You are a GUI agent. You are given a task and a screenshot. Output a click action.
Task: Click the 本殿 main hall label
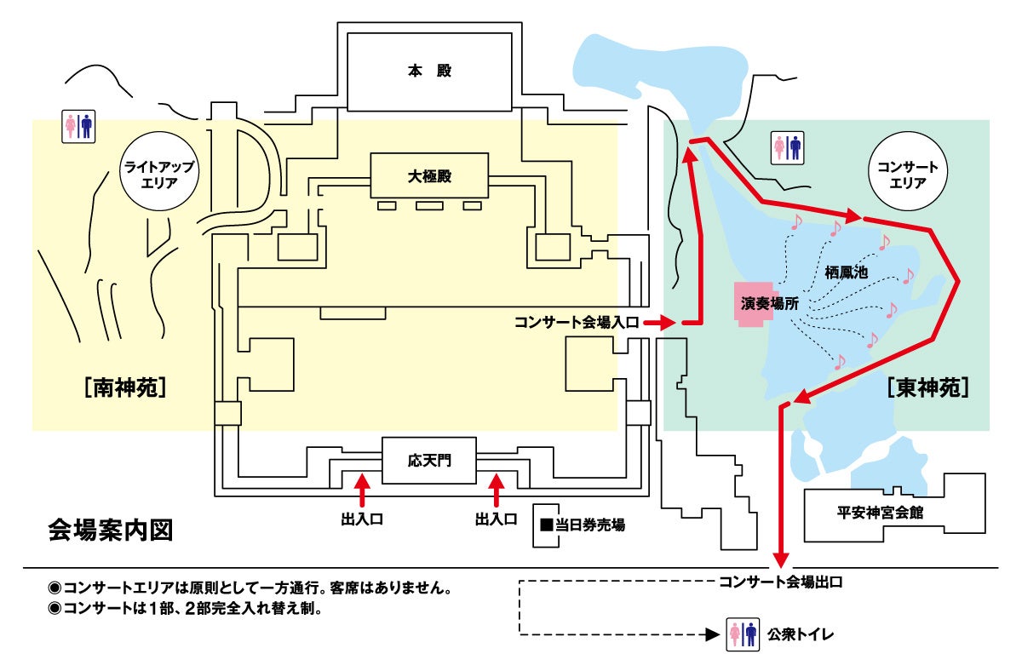pyautogui.click(x=428, y=72)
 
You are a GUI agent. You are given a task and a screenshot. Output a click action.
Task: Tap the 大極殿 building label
pyautogui.click(x=428, y=178)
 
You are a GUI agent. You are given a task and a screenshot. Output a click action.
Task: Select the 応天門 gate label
pyautogui.click(x=428, y=462)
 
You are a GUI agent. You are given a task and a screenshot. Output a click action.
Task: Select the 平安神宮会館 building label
pyautogui.click(x=881, y=513)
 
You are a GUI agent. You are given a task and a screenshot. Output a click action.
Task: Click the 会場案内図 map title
pyautogui.click(x=112, y=530)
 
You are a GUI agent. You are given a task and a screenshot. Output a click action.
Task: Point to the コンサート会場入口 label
pyautogui.click(x=576, y=323)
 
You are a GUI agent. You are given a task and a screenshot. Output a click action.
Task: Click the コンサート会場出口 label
pyautogui.click(x=781, y=582)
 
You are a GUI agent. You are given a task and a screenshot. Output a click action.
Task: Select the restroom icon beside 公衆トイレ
pyautogui.click(x=743, y=634)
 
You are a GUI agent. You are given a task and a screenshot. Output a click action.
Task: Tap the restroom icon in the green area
pyautogui.click(x=786, y=146)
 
